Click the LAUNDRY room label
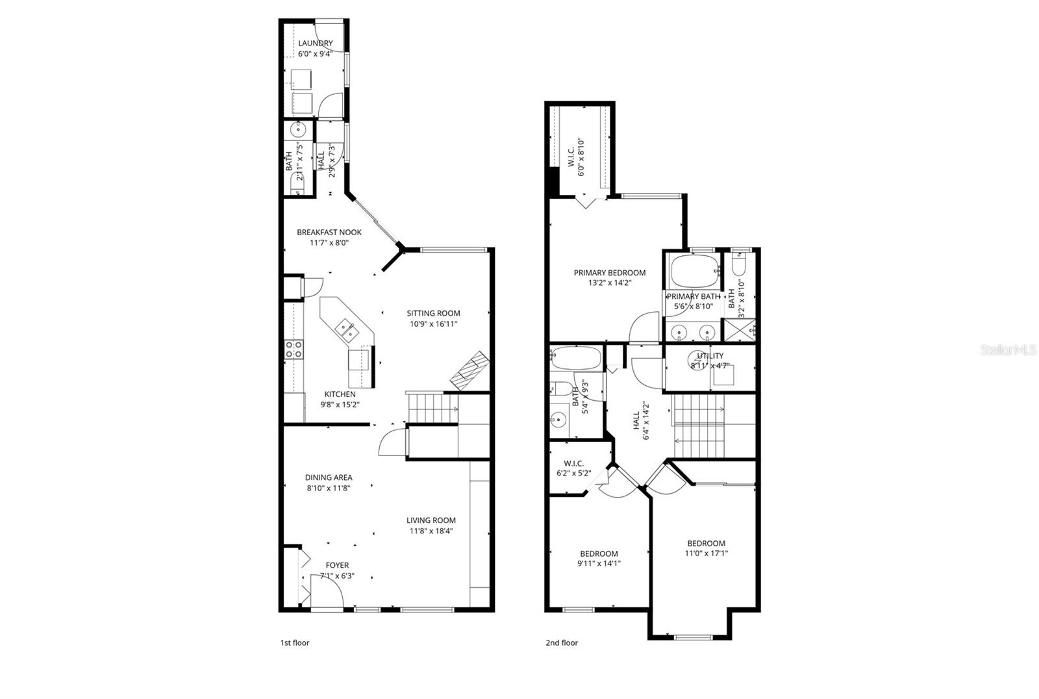(315, 44)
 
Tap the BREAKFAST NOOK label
(329, 233)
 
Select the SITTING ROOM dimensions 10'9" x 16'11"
(434, 324)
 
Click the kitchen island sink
(344, 331)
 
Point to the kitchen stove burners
(294, 349)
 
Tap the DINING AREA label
(329, 477)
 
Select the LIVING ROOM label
(431, 520)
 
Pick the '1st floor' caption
(295, 643)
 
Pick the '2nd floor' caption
(561, 643)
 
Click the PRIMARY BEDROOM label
(609, 273)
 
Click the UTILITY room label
(709, 356)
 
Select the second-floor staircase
(699, 426)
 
